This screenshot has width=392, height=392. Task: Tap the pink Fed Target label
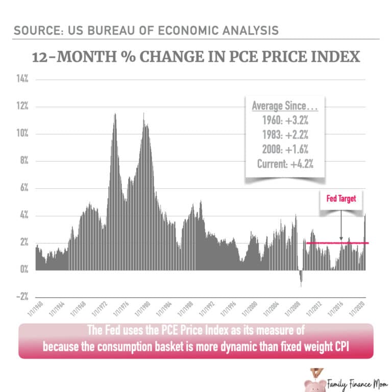(340, 199)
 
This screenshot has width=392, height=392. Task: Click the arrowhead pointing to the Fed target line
(340, 238)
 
